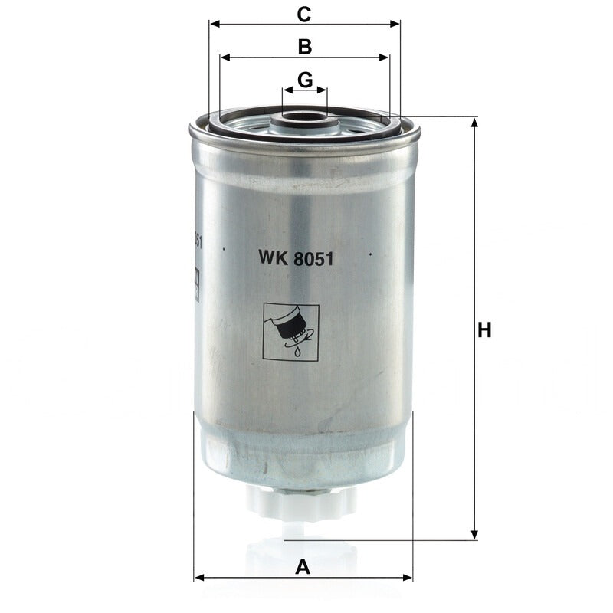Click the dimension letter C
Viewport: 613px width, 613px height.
[x=303, y=15]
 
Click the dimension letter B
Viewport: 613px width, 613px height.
[x=305, y=47]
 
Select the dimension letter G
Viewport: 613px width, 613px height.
[x=305, y=80]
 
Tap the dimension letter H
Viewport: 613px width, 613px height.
[x=484, y=330]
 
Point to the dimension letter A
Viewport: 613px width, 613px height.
[x=303, y=567]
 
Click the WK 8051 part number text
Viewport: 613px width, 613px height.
[x=296, y=258]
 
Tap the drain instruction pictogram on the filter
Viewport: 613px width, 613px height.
[x=291, y=332]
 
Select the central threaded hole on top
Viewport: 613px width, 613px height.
[x=304, y=116]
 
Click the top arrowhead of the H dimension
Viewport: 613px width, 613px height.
[x=474, y=122]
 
